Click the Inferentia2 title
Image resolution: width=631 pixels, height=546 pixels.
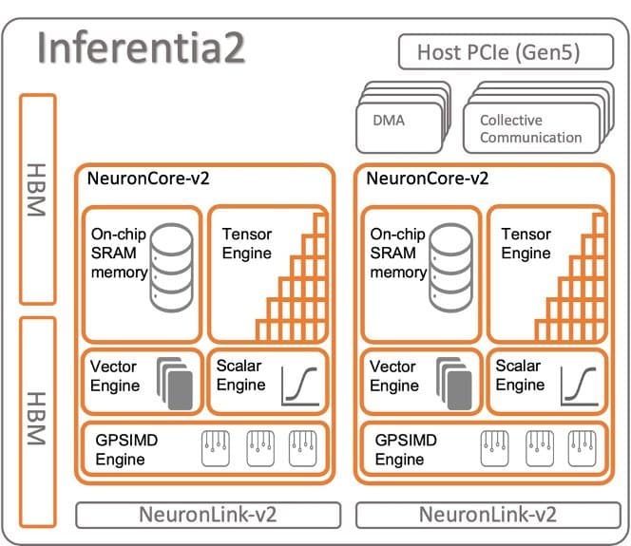point(142,47)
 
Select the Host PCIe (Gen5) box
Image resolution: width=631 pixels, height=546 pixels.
point(501,52)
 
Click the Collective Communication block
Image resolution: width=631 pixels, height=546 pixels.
point(529,129)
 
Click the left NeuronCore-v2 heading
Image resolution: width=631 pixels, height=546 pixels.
point(146,178)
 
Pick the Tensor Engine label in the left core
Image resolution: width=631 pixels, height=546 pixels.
point(246,243)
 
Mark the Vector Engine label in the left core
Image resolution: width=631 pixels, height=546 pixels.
point(114,376)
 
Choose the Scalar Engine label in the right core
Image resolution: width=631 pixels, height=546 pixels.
point(520,375)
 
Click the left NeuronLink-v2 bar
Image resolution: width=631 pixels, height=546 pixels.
point(208,516)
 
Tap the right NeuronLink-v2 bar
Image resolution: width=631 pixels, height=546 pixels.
point(487,516)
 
